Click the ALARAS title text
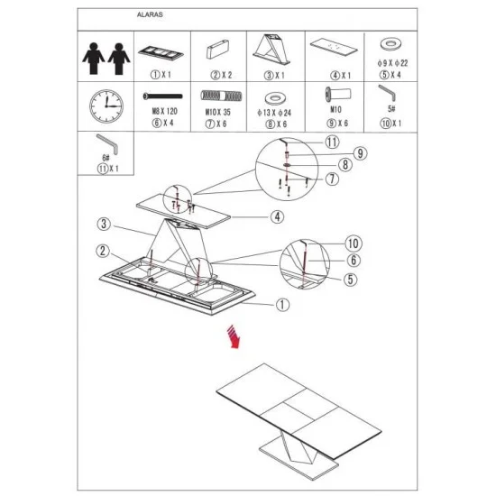(150, 14)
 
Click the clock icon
(106, 106)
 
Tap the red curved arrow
(234, 337)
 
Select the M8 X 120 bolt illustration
(162, 96)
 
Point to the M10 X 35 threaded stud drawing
(221, 96)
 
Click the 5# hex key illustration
(387, 92)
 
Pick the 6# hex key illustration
(107, 143)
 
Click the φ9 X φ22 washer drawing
(390, 44)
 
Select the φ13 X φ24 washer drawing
(276, 98)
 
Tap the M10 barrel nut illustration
(338, 95)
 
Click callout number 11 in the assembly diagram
(332, 142)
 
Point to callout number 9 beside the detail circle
(360, 153)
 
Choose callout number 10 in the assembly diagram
(354, 243)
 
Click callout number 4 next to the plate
(277, 217)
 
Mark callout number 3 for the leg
(104, 224)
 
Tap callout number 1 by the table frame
(282, 305)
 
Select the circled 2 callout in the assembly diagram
(103, 251)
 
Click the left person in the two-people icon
(93, 59)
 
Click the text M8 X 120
(164, 111)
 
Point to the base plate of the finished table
(299, 462)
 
